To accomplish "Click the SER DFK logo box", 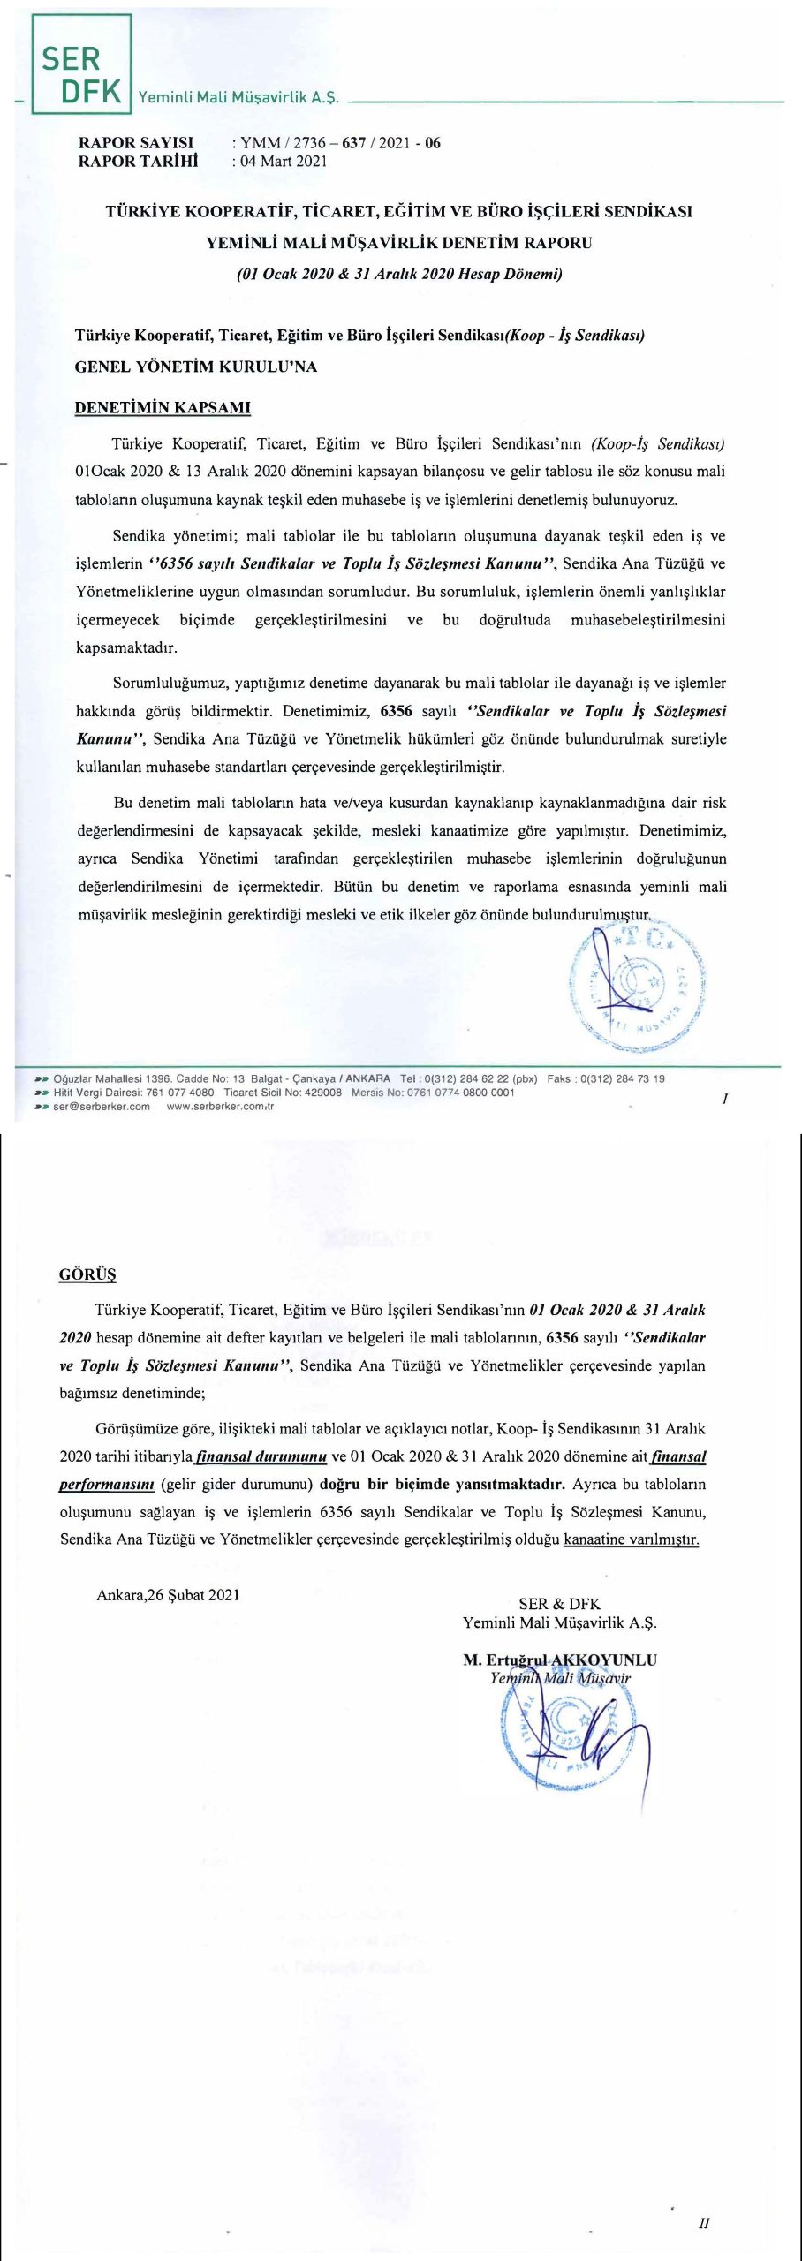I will pos(81,64).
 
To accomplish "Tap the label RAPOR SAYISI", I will pos(136,143).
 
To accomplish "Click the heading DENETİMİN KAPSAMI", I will pos(163,408).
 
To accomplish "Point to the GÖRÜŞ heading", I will pos(87,1274).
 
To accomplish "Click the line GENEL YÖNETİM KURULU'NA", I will pos(195,367).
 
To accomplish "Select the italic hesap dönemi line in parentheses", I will pos(399,274).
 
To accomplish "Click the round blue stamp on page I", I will pos(638,983).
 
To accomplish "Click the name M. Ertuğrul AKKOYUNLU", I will pos(560,1660).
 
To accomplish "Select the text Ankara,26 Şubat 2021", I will pos(168,1595).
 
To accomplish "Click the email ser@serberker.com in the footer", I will pos(102,1107).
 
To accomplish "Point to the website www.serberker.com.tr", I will pos(220,1107).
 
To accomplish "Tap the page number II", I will pos(704,2223).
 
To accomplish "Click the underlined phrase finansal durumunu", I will pos(261,1456).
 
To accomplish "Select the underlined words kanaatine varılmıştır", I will pos(631,1539).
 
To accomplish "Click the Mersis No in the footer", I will pos(433,1093).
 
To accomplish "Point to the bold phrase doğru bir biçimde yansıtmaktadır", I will pos(442,1484).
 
